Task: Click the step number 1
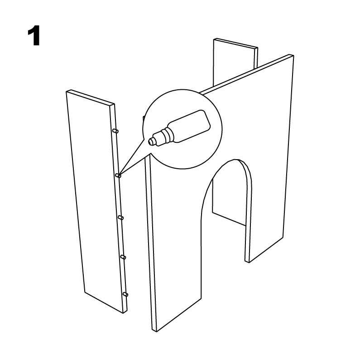point(34,36)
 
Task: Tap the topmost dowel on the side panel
point(115,131)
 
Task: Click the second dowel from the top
point(118,175)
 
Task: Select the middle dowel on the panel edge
point(121,218)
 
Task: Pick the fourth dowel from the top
point(123,257)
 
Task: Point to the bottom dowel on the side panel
point(125,294)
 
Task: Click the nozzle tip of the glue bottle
point(151,141)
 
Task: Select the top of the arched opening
point(236,159)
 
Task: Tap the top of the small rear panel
point(236,44)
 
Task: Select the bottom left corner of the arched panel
point(154,331)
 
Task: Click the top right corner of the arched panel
point(293,55)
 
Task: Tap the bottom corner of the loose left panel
point(124,313)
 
